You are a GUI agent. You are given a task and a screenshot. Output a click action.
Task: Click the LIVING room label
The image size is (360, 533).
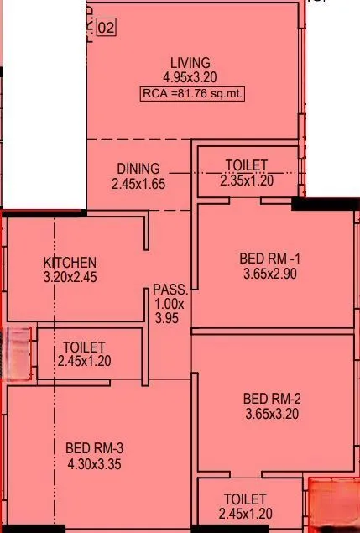click(190, 63)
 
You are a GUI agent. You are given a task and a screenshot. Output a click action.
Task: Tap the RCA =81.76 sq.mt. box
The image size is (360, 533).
click(192, 94)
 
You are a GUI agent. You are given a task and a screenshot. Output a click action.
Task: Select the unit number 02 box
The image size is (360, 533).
click(107, 28)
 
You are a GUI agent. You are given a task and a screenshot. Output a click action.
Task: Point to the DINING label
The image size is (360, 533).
click(138, 169)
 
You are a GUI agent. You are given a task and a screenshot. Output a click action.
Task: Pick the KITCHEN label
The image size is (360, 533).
click(70, 263)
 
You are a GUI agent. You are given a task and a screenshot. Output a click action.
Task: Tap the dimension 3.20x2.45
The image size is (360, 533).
click(70, 276)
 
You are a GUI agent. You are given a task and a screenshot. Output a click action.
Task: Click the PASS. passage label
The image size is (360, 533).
click(165, 290)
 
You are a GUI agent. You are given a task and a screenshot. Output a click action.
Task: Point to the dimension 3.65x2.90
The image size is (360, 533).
click(269, 273)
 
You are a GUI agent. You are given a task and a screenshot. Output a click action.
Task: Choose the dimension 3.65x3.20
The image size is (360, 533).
click(272, 413)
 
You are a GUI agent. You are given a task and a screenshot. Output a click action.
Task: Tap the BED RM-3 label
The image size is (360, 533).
click(94, 447)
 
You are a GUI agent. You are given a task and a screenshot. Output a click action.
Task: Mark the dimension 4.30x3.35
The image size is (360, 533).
click(94, 462)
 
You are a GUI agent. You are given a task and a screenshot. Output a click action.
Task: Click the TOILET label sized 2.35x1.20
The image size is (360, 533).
click(247, 165)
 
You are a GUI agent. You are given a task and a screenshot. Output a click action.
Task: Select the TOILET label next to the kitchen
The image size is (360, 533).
click(84, 347)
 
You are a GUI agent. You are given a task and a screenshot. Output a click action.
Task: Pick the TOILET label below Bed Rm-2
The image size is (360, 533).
click(246, 499)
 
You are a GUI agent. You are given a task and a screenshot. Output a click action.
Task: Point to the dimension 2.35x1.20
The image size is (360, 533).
click(247, 180)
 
